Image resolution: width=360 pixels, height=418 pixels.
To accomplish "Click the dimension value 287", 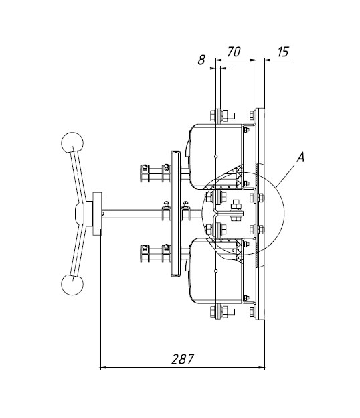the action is pos(183,359).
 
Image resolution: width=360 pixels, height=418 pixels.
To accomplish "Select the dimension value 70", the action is pos(234,52).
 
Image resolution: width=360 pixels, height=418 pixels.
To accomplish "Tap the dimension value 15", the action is pos(283,52).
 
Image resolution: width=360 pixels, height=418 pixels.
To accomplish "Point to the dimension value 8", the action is pos(201,60).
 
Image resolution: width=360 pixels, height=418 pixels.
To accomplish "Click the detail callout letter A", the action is pos(300,157).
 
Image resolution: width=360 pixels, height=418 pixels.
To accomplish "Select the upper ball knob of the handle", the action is pos(72,143).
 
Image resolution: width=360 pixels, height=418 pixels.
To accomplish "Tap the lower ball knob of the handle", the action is pos(72,284).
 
